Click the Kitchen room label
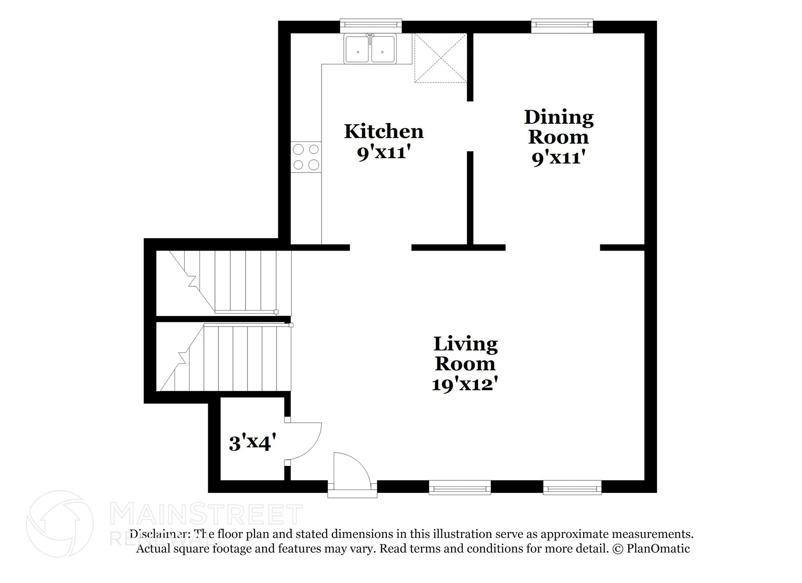click(384, 132)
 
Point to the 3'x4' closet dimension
click(250, 444)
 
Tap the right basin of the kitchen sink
click(383, 48)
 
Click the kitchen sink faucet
click(370, 37)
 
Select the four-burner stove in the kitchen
click(306, 157)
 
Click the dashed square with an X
click(441, 58)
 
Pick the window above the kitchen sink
click(370, 25)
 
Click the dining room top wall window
click(562, 25)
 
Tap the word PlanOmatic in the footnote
click(658, 549)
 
